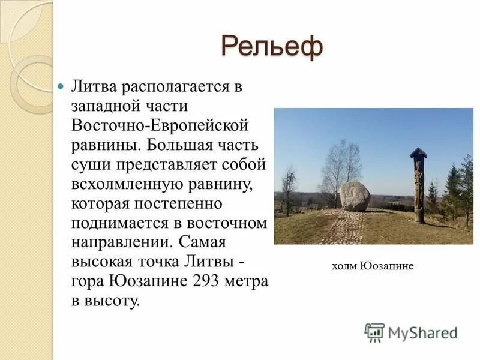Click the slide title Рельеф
pos(272,46)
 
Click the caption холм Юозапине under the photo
pos(373,266)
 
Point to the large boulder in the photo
pos(354,196)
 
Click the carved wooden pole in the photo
pos(418,189)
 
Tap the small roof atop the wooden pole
pos(418,152)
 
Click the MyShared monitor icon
pos(374,332)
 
